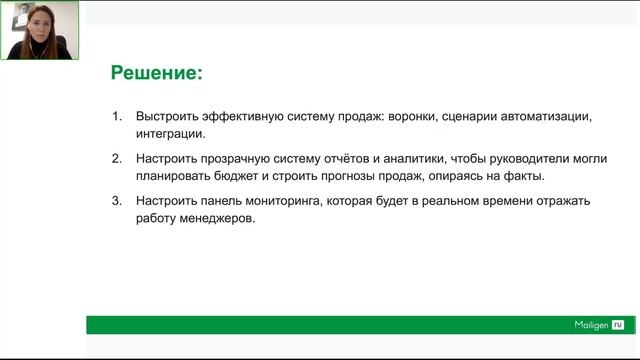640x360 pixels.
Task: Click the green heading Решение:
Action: tap(156, 73)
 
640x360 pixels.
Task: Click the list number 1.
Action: tap(115, 116)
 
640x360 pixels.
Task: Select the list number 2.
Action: tap(115, 159)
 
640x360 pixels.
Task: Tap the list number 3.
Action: tap(115, 201)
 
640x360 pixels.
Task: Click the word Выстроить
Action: tap(169, 116)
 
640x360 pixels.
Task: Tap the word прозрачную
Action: tap(238, 159)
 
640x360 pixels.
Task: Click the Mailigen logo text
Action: tap(583, 325)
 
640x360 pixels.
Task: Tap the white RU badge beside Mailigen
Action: tap(617, 325)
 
